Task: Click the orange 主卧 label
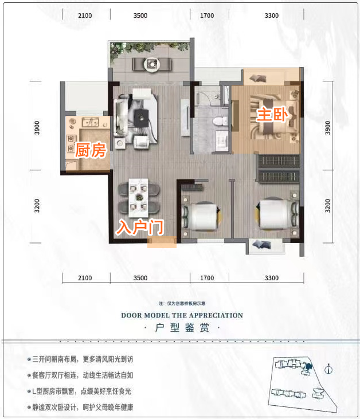coord(271,115)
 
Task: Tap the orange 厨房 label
coord(91,151)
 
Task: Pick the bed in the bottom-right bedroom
coord(276,216)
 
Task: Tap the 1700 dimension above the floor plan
coord(208,15)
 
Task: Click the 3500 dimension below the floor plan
coord(140,278)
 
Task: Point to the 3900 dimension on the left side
coord(35,126)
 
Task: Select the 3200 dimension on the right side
coord(328,205)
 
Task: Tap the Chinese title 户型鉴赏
coord(181,328)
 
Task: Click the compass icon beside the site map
coord(328,369)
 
